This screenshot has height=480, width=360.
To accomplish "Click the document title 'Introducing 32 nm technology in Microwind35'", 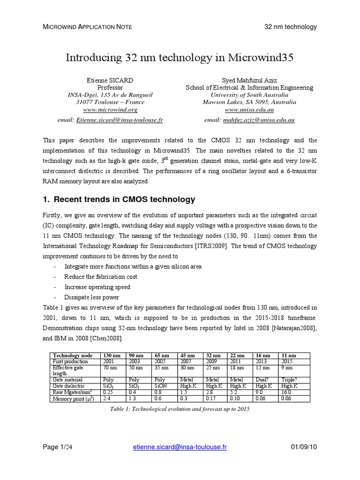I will click(x=180, y=58).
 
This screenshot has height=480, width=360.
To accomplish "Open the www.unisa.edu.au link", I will click(x=249, y=109).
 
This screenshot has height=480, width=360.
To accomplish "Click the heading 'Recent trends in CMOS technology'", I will click(x=124, y=199).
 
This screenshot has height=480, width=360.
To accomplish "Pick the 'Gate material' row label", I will click(x=68, y=379).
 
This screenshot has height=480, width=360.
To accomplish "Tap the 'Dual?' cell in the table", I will click(x=262, y=379).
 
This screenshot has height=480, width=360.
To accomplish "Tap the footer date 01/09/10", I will click(x=304, y=447).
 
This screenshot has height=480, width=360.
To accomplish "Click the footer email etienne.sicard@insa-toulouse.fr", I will click(x=180, y=447).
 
